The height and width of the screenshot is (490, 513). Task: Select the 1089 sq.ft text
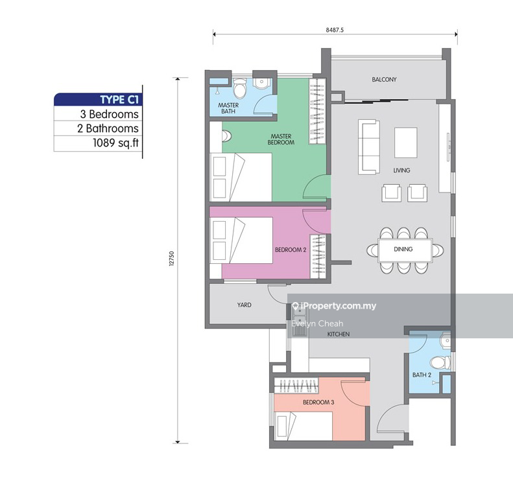[114, 144]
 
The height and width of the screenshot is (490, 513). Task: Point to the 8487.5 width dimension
[335, 29]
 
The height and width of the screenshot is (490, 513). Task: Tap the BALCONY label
[384, 80]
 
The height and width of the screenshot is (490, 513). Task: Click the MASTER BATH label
[228, 108]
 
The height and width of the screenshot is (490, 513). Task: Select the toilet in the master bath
[239, 87]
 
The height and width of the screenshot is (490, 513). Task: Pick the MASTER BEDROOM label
[282, 139]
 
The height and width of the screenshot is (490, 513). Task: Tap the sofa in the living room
[368, 146]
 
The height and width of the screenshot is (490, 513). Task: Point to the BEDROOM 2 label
[291, 249]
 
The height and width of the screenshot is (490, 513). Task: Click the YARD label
[244, 305]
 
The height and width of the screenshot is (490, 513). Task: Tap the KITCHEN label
[339, 334]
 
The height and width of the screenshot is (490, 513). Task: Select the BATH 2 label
[422, 375]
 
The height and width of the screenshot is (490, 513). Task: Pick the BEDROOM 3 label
[318, 402]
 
